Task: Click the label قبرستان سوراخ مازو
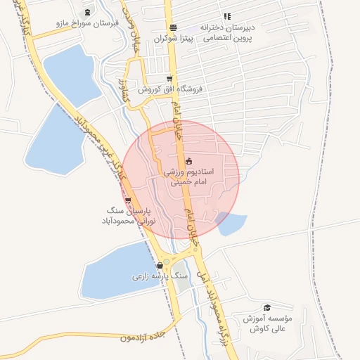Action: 88,23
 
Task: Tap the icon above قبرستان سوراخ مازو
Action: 87,13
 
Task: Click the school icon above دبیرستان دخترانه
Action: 226,15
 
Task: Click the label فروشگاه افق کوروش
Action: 169,90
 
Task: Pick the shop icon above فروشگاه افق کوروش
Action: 169,79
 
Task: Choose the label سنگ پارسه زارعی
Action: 160,276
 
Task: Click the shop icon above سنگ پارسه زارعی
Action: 160,265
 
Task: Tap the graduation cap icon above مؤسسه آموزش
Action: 267,308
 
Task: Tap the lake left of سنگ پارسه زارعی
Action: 112,271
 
